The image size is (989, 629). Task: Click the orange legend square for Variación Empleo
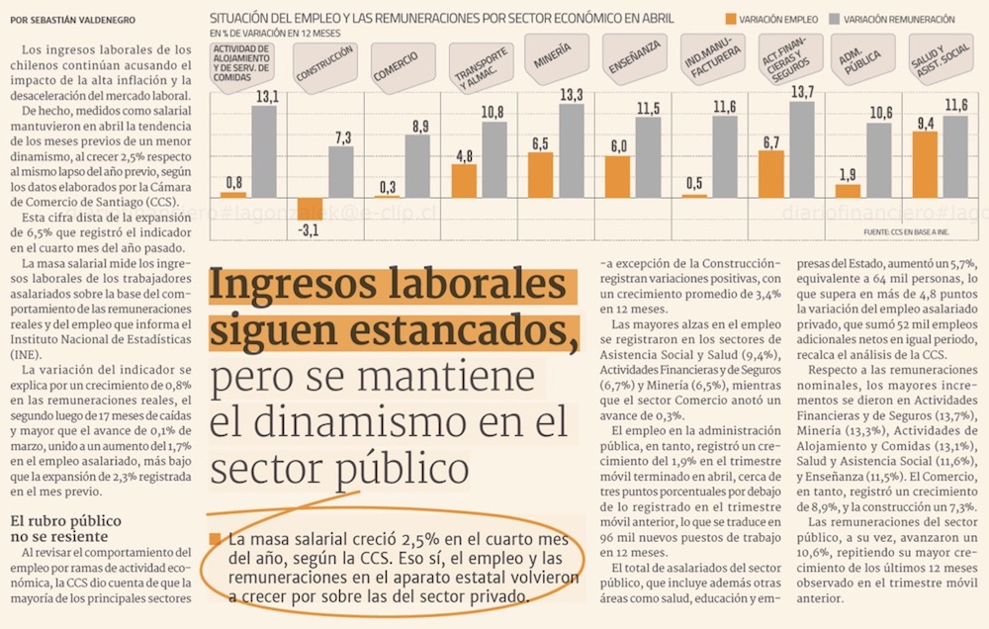[x=732, y=19]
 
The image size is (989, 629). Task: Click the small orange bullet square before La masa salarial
[x=216, y=540]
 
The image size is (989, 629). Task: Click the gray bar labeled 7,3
[x=341, y=172]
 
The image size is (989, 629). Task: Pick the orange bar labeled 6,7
[x=772, y=174]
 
